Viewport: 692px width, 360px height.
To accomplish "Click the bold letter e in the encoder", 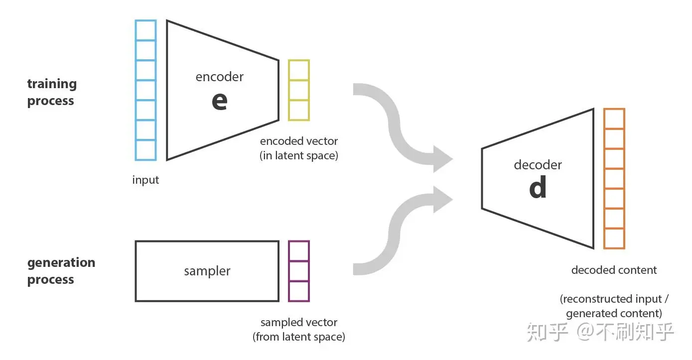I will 220,101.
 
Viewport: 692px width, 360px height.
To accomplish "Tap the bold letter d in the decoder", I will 538,188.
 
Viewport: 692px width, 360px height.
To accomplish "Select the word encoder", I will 220,77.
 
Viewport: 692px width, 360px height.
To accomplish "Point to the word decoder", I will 538,165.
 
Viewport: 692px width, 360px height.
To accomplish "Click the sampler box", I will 207,271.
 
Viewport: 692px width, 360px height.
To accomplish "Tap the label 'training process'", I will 52,92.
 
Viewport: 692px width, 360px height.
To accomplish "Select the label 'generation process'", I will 61,271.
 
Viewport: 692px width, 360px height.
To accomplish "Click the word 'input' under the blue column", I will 145,180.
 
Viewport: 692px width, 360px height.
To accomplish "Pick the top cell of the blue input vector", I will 145,30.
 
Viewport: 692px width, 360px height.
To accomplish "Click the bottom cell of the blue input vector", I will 145,150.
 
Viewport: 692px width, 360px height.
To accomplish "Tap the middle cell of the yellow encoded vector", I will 299,90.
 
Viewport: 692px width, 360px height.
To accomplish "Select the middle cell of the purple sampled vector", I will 299,271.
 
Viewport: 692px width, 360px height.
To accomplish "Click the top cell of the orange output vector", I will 614,119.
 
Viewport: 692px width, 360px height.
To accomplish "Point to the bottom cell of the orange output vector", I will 614,238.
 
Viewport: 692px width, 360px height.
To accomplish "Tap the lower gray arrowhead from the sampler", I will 442,199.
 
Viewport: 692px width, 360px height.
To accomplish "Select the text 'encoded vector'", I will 299,141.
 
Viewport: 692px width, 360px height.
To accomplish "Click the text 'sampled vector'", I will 299,323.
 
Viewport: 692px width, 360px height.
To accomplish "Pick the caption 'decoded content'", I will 614,270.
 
